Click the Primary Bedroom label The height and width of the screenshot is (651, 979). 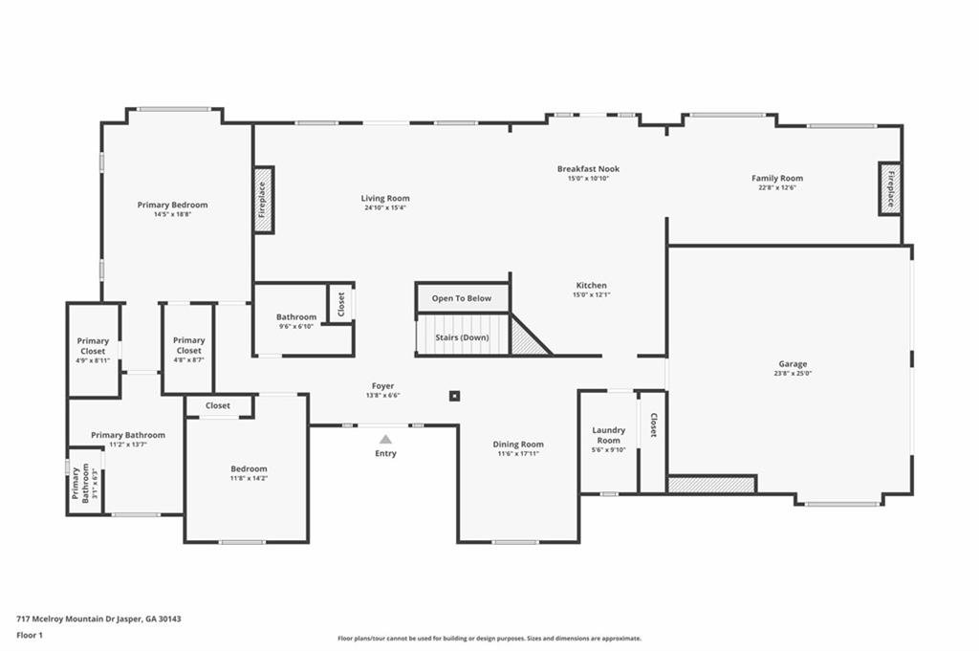[x=172, y=205]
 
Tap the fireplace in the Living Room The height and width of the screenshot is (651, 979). [x=263, y=200]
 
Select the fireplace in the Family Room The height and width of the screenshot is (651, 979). [x=889, y=188]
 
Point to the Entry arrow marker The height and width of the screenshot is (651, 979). [x=385, y=439]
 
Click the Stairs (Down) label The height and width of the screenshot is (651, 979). [x=462, y=337]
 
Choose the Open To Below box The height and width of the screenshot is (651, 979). [x=462, y=298]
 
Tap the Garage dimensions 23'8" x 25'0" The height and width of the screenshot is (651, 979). [x=793, y=374]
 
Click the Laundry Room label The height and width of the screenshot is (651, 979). [x=608, y=435]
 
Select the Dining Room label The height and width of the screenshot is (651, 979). [x=518, y=444]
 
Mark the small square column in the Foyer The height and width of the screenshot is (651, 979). [x=455, y=396]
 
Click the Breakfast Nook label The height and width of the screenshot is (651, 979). [x=588, y=169]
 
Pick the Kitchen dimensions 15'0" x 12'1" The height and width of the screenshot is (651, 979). [x=591, y=294]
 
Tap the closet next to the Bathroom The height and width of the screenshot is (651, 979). [x=341, y=303]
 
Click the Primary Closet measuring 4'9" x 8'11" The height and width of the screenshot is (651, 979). [x=93, y=350]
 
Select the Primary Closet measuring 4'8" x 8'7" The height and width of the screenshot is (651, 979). [x=188, y=349]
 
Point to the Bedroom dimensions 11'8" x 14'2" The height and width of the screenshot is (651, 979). [x=249, y=478]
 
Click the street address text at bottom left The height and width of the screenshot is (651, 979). [x=98, y=618]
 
